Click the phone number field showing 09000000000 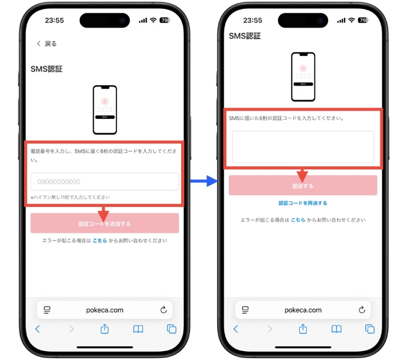click(x=104, y=182)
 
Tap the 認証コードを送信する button click(x=104, y=223)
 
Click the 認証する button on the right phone click(x=302, y=186)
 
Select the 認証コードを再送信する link click(x=302, y=203)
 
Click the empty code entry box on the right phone click(x=302, y=147)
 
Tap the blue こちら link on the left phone click(x=100, y=241)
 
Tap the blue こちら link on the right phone click(x=298, y=220)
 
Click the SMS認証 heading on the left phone click(x=47, y=69)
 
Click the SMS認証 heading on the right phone click(x=245, y=36)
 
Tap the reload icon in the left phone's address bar click(x=163, y=310)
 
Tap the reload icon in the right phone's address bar click(x=361, y=310)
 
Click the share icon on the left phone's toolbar click(x=104, y=329)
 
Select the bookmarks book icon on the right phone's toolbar click(x=337, y=329)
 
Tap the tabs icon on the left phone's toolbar click(x=171, y=329)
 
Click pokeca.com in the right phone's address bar click(x=302, y=310)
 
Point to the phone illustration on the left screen click(x=104, y=110)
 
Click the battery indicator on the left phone click(x=164, y=20)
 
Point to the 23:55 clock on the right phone click(x=253, y=20)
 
